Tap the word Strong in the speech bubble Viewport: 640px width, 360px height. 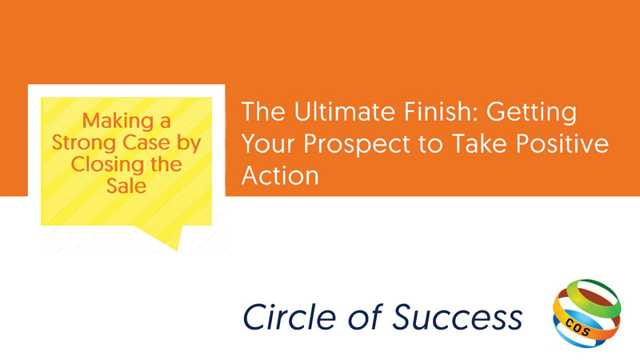click(x=84, y=143)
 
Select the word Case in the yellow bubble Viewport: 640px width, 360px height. click(x=146, y=142)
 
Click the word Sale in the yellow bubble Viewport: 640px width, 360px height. click(x=126, y=186)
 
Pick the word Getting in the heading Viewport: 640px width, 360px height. click(x=531, y=113)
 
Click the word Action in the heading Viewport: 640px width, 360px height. click(x=280, y=175)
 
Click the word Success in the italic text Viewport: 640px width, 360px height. click(x=457, y=317)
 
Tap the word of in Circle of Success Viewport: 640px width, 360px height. click(x=365, y=317)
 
